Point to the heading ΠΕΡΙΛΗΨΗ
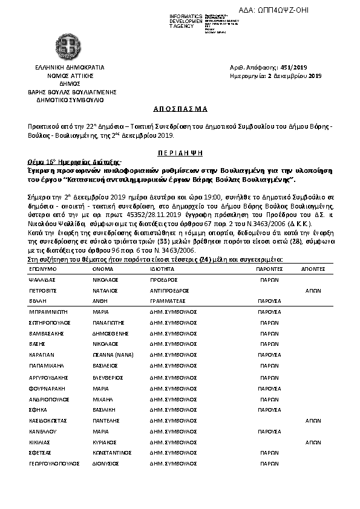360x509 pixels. point(180,154)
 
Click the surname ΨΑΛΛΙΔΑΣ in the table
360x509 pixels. point(42,280)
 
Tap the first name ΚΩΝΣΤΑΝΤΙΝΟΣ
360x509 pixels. point(115,452)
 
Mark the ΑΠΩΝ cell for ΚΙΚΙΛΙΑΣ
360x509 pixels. point(313,442)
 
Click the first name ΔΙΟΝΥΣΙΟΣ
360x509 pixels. point(106,464)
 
